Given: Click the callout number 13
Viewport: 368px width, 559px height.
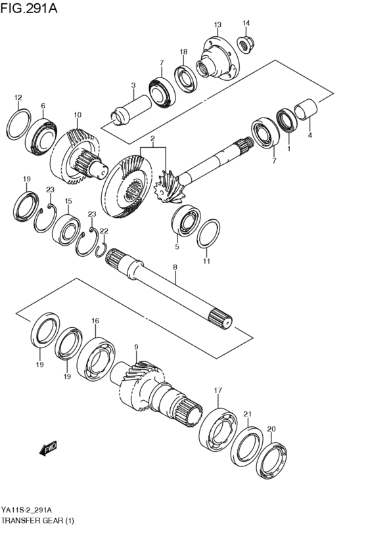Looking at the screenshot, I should pyautogui.click(x=218, y=24).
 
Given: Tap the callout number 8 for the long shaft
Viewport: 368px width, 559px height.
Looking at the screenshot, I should pyautogui.click(x=175, y=267).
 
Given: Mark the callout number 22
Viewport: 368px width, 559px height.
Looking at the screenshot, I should pyautogui.click(x=103, y=231).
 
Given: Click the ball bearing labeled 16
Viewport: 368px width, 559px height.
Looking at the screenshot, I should pyautogui.click(x=95, y=357).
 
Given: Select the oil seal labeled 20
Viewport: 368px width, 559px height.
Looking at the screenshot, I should pyautogui.click(x=272, y=459).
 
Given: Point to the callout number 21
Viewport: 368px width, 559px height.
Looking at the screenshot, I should pyautogui.click(x=247, y=414).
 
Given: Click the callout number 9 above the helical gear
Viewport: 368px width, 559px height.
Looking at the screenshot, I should pyautogui.click(x=136, y=347).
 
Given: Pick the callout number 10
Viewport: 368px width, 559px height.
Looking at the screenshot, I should pyautogui.click(x=78, y=115).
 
